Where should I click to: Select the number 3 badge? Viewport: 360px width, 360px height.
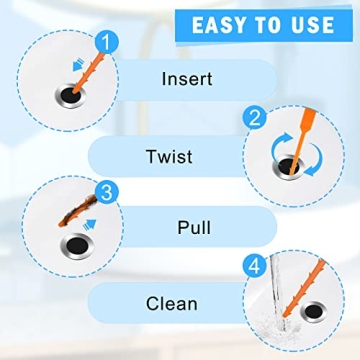click(x=104, y=190)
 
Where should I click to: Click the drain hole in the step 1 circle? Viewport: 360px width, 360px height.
click(x=68, y=94)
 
